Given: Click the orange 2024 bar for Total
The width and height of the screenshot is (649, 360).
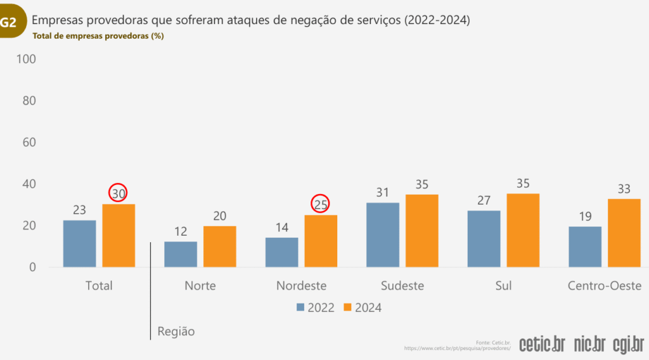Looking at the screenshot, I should click(x=119, y=235).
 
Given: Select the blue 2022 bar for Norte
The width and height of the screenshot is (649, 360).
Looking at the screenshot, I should click(x=181, y=254).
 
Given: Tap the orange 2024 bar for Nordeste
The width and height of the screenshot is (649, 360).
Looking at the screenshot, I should click(x=321, y=241).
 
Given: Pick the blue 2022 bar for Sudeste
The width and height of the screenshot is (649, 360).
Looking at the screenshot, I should click(x=383, y=235).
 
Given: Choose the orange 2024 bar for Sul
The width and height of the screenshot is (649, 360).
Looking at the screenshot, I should click(x=523, y=230).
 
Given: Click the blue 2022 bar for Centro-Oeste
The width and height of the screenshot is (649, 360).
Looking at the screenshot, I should click(x=585, y=247).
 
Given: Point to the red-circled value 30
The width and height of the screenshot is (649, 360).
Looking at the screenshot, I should click(x=119, y=193).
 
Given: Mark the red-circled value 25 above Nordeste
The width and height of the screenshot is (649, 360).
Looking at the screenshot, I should click(x=321, y=204).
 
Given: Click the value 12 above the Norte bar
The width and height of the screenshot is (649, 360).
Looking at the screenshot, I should click(x=181, y=231).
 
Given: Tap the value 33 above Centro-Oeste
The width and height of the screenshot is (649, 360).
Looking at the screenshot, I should click(x=624, y=188).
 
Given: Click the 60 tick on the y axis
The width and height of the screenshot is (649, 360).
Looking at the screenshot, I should click(x=29, y=143).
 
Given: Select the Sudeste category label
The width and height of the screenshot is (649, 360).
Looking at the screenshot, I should click(x=402, y=286).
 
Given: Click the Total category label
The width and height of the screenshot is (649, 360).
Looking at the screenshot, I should click(x=99, y=286).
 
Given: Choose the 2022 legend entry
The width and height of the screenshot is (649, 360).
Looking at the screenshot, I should click(x=316, y=308).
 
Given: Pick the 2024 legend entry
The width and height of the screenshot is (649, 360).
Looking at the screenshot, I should click(x=363, y=308).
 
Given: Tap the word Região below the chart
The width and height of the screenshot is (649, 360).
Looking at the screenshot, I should click(x=176, y=331).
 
